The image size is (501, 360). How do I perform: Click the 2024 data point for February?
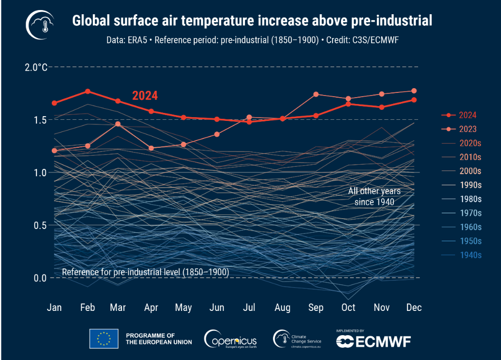click(x=88, y=91)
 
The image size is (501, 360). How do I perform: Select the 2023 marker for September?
click(x=316, y=94)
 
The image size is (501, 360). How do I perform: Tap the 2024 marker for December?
click(x=414, y=100)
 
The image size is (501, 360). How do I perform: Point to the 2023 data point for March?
click(x=118, y=124)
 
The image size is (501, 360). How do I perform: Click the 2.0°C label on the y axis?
click(x=36, y=67)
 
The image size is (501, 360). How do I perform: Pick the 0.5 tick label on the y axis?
click(x=40, y=225)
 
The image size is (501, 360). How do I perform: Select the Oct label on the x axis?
click(x=348, y=308)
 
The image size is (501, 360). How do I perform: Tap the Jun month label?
click(x=216, y=308)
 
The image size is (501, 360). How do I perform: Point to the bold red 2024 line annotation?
click(x=145, y=96)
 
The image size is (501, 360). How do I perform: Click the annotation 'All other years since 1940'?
click(x=374, y=196)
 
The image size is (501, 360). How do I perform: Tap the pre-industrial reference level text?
click(x=145, y=272)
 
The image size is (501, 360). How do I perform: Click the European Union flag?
click(x=103, y=339)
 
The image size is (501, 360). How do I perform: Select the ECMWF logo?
click(x=373, y=341)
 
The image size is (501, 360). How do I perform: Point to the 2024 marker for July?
click(x=250, y=122)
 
